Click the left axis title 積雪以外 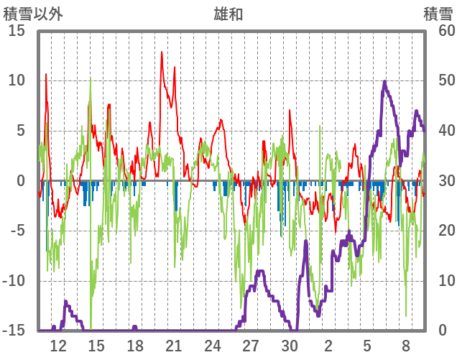32,13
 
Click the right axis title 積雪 438,13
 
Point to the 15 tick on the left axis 17,30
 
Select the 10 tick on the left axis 17,80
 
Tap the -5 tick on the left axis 17,231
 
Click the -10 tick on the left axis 14,281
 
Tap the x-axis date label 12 58,345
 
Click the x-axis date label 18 134,345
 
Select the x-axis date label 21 173,345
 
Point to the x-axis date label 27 251,345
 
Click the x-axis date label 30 290,345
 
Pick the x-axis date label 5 367,345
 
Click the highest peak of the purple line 384,82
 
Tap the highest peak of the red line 162,52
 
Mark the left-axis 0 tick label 21,181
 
